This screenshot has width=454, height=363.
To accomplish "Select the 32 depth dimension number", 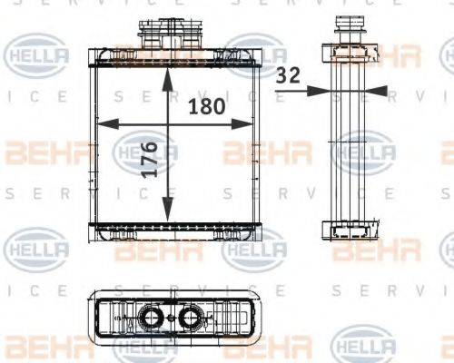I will click(x=289, y=77).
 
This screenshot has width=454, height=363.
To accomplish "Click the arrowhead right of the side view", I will click(x=379, y=91).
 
